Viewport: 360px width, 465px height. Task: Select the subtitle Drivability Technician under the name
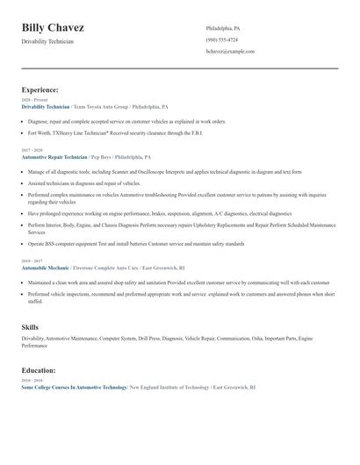[48, 41]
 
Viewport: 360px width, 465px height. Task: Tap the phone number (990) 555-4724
[221, 39]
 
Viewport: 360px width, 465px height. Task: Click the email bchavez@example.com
[230, 51]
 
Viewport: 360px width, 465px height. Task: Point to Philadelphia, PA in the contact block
[223, 28]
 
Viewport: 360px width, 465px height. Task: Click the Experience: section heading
[40, 89]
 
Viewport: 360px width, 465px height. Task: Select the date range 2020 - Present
[33, 100]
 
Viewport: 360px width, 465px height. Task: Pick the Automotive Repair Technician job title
[54, 156]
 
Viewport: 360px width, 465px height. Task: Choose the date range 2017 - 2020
[32, 150]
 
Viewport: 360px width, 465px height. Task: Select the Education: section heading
[39, 370]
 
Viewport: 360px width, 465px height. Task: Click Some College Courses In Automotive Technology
[74, 387]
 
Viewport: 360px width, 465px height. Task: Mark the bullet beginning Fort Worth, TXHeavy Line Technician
[127, 133]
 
